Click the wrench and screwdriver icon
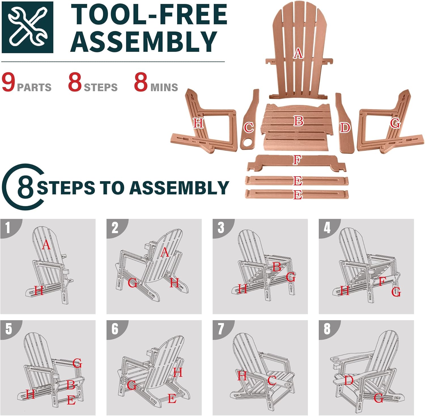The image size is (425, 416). click(x=27, y=27)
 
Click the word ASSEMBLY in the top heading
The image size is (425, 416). click(x=143, y=42)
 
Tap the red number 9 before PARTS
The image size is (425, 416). click(x=8, y=82)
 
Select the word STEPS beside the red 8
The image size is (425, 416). click(x=101, y=87)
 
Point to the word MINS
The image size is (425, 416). click(x=164, y=87)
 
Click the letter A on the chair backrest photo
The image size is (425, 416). click(x=298, y=53)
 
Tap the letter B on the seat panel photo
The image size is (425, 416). click(x=298, y=121)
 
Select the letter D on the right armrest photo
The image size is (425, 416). click(x=345, y=128)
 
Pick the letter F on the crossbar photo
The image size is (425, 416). click(x=297, y=160)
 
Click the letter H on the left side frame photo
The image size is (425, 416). click(x=198, y=123)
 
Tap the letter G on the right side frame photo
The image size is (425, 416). click(x=395, y=123)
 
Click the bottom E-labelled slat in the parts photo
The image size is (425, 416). click(x=297, y=194)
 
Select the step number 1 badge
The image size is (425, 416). click(x=8, y=228)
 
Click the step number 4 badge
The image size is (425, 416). click(x=327, y=228)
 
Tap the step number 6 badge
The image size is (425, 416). click(x=115, y=329)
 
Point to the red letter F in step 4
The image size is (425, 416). click(x=382, y=282)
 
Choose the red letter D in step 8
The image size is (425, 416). click(x=348, y=380)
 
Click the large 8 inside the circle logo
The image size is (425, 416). click(x=25, y=187)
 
